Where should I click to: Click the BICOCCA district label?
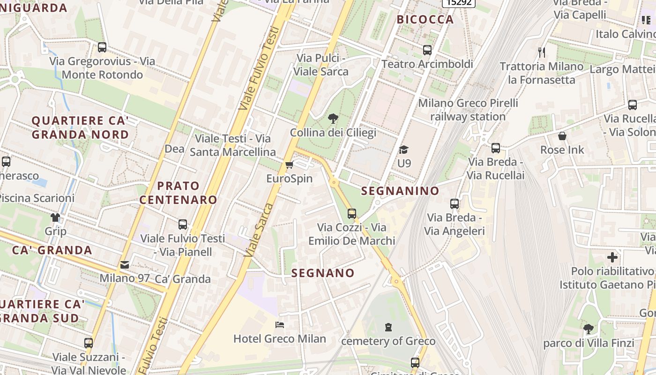(425, 19)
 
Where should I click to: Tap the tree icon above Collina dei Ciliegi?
(333, 119)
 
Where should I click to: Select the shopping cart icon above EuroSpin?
(289, 165)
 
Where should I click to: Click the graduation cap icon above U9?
(403, 150)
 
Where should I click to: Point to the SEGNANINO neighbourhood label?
(400, 191)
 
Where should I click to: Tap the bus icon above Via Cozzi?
(352, 213)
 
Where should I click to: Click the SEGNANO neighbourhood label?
(323, 273)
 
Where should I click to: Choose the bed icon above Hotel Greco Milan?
(280, 325)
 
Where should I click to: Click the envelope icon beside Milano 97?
(125, 265)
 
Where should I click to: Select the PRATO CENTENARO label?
(178, 193)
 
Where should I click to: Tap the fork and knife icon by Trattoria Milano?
(542, 52)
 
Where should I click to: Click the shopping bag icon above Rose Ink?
(562, 136)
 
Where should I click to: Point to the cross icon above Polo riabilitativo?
(612, 257)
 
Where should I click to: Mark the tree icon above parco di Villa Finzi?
(589, 329)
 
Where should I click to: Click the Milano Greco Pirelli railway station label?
(468, 110)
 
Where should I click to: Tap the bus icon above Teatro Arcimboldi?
(427, 50)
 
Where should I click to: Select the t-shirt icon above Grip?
(55, 217)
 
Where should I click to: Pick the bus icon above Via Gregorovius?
(102, 47)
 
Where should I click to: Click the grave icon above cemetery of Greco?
(388, 327)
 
